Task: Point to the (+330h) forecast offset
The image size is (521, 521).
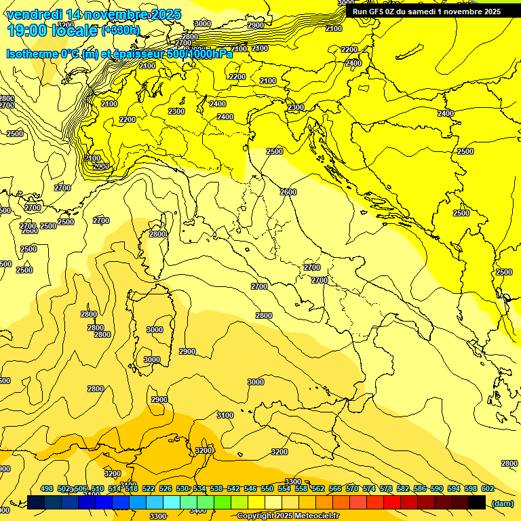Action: tap(121, 31)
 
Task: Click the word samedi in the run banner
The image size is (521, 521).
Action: tap(427, 12)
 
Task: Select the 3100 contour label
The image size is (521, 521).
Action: tap(225, 415)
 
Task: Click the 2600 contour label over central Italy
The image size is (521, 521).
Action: tap(288, 192)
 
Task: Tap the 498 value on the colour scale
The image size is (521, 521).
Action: tap(47, 488)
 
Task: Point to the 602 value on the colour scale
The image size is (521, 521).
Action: tap(487, 488)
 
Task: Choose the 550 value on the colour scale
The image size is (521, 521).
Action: tap(267, 488)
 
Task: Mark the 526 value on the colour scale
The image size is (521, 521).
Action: tap(166, 488)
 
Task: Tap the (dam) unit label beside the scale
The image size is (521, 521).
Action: tap(503, 503)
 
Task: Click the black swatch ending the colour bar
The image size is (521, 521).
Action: tap(477, 502)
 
